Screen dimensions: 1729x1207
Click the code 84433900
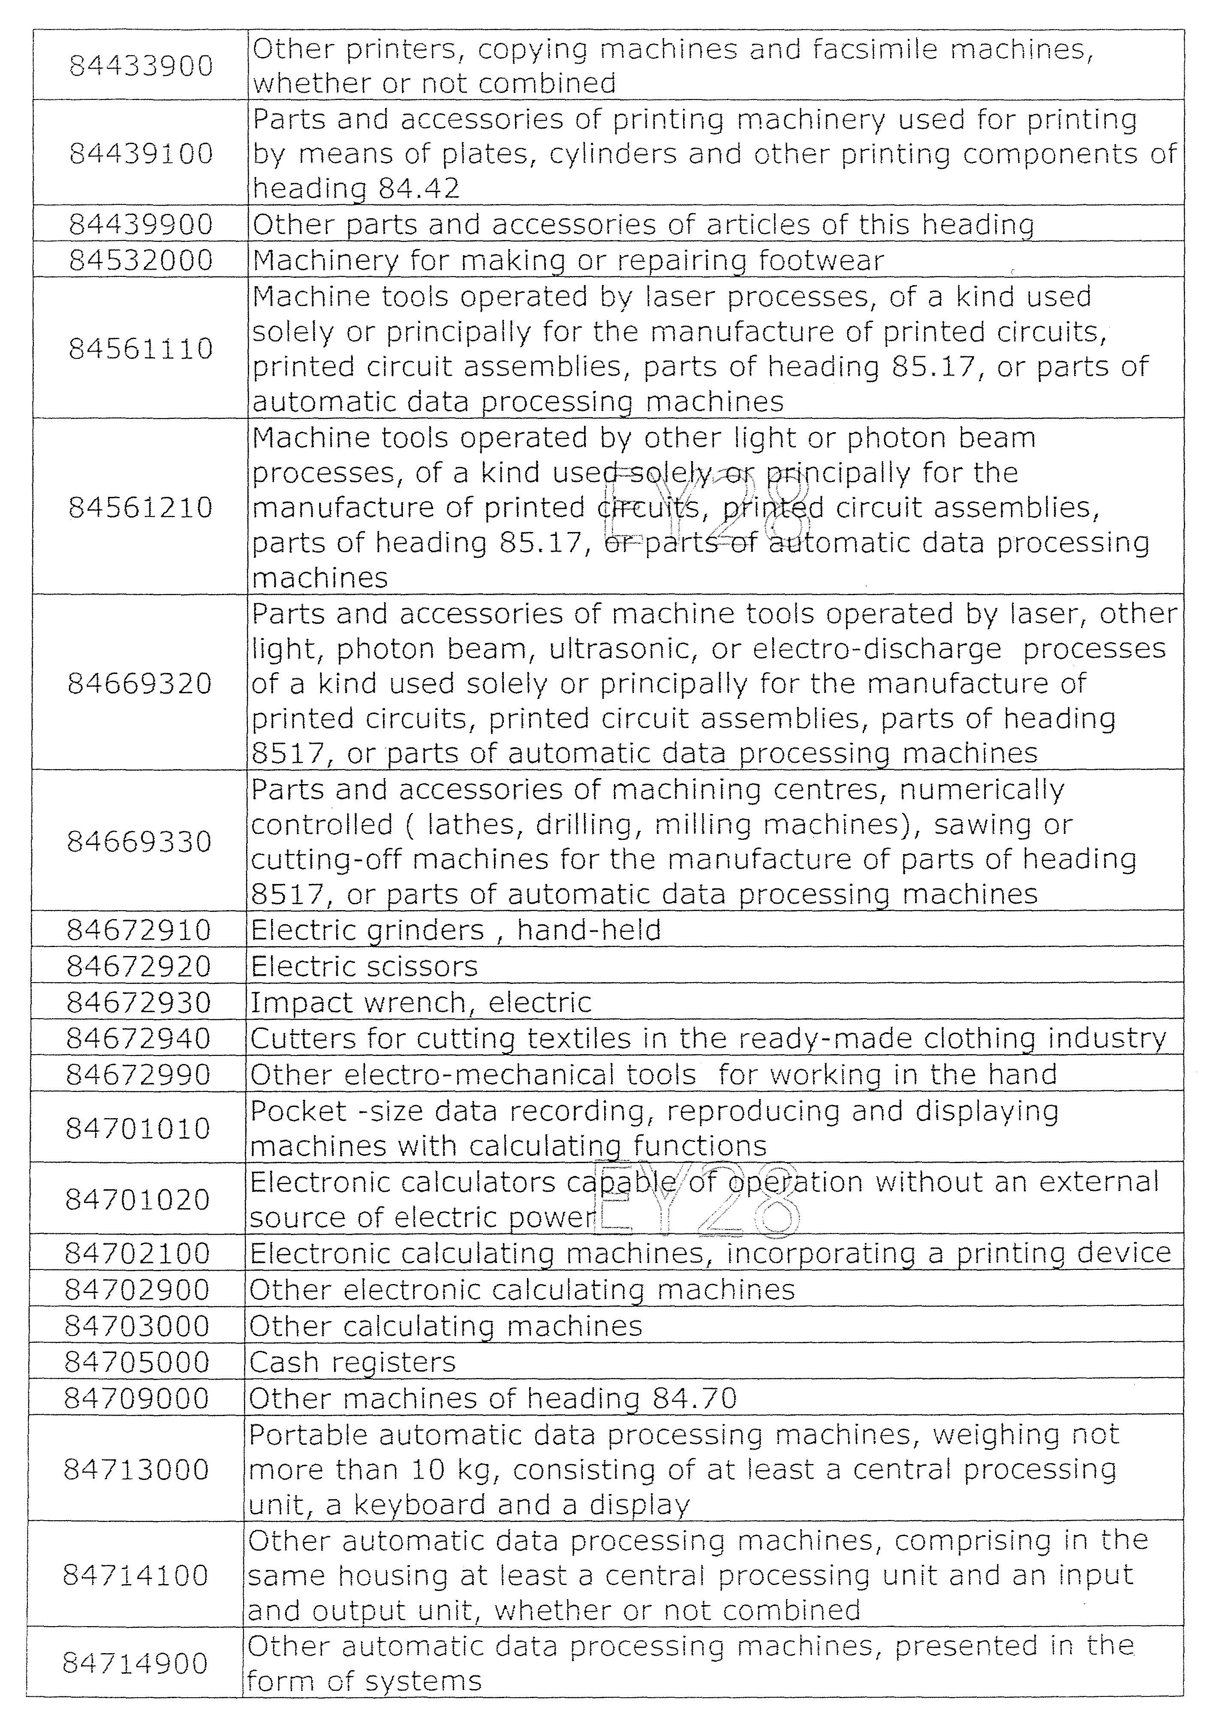141,66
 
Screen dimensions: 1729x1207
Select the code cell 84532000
141,261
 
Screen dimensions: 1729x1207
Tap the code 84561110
141,349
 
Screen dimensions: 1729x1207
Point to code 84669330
139,841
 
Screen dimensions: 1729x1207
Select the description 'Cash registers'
352,1362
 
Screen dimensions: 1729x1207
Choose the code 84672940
138,1038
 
